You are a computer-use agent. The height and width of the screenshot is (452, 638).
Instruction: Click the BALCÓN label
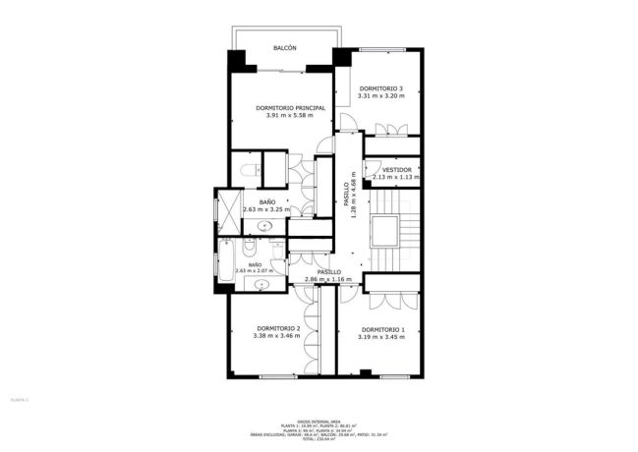[x=285, y=47]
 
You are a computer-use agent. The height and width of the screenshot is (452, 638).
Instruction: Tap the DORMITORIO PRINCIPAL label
[x=290, y=108]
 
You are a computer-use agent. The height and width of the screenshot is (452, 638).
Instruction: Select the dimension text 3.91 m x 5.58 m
[x=290, y=116]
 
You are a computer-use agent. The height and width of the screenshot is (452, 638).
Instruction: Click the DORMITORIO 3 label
[x=380, y=88]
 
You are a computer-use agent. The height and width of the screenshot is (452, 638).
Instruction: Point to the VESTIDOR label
[x=397, y=169]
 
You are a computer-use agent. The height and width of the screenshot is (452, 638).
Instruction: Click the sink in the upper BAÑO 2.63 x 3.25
[x=263, y=226]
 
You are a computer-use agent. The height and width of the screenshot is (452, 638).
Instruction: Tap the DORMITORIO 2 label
[x=277, y=328]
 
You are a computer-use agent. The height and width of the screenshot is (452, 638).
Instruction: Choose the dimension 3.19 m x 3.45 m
[x=382, y=337]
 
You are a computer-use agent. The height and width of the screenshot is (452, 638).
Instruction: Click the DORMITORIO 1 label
[x=382, y=329]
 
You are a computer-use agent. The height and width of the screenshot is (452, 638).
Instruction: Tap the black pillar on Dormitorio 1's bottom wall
[x=365, y=373]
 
